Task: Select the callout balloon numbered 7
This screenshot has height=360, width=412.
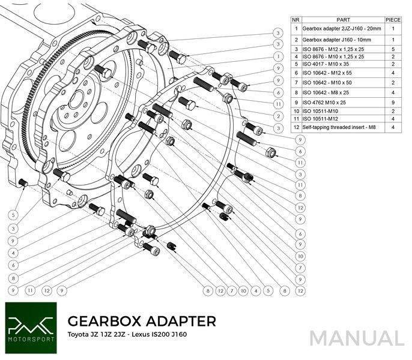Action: [231, 292]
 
